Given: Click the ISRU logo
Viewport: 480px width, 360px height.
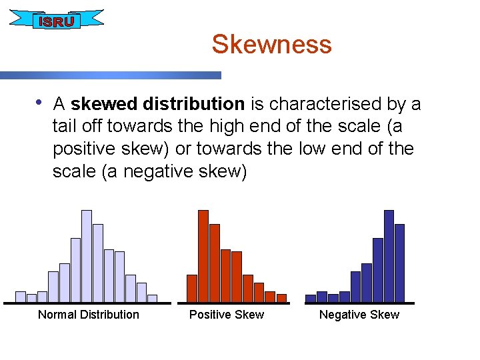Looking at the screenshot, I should (x=57, y=21).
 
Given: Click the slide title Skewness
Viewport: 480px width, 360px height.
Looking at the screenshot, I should (x=271, y=45).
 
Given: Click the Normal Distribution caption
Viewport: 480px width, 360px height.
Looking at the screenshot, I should (x=89, y=315).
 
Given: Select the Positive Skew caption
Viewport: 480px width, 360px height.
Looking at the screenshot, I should (x=227, y=315).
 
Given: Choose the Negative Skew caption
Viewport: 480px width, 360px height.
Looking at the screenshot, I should (x=359, y=315).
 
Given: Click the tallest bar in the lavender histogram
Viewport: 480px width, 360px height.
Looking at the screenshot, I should (x=87, y=256).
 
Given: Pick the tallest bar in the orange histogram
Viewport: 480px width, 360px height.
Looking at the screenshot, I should (x=203, y=256).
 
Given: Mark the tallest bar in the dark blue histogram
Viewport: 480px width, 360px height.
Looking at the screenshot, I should (x=389, y=256).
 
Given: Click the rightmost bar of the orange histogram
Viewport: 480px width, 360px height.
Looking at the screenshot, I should (x=281, y=298).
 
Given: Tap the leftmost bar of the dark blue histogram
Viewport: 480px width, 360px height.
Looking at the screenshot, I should (x=311, y=298).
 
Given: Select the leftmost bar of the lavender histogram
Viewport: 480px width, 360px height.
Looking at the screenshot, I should (x=21, y=297).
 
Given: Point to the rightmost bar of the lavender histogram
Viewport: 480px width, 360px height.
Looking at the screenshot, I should (x=152, y=298).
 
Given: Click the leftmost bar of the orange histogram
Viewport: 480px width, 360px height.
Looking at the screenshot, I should (x=192, y=288).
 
